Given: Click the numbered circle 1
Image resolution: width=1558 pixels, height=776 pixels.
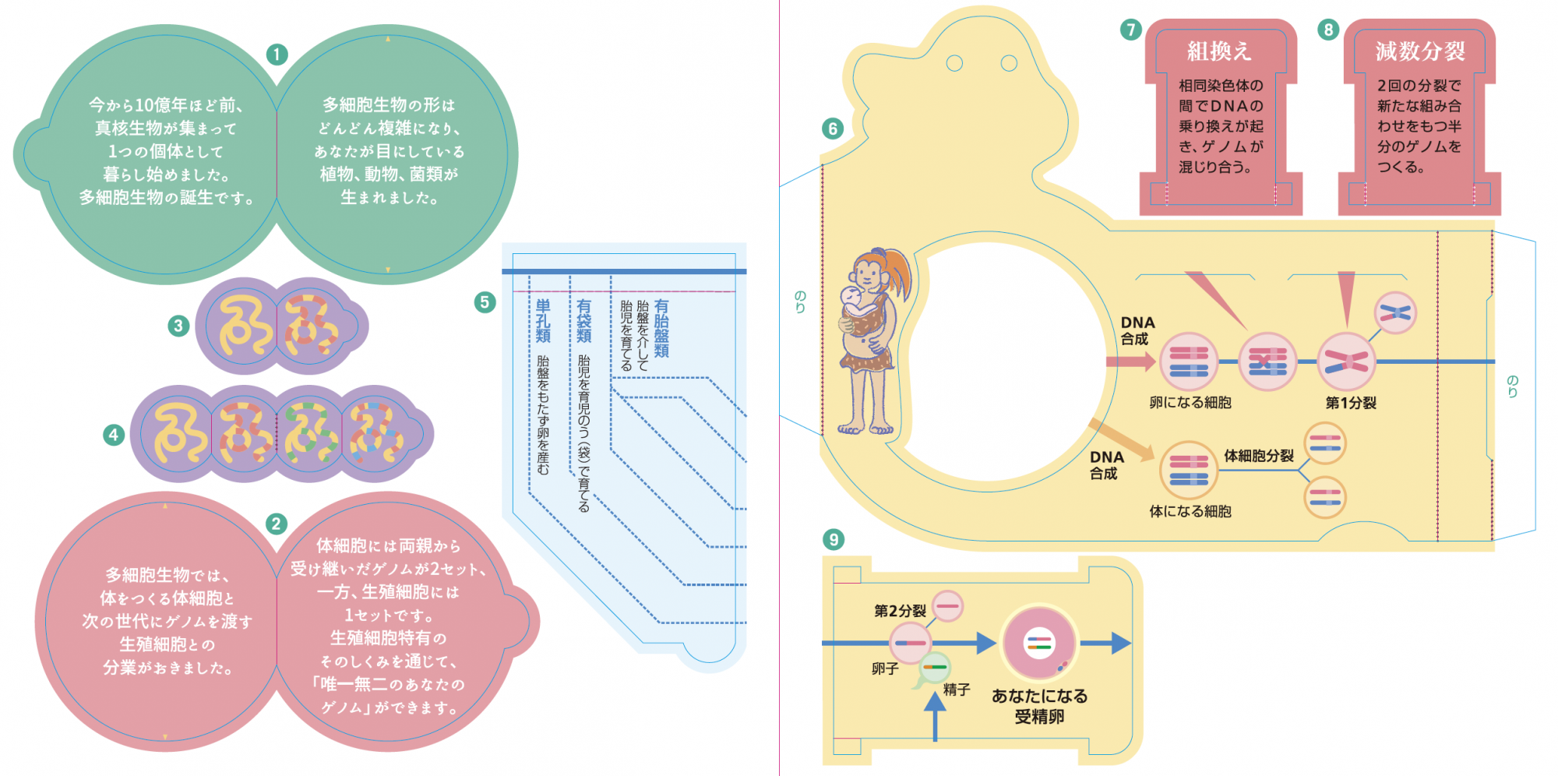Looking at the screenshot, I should click(277, 55).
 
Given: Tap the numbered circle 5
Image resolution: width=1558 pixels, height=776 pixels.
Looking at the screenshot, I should click(485, 302).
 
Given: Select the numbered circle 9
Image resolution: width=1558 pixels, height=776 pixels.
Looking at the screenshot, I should click(834, 539).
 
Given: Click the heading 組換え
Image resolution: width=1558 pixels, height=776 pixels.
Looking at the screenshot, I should click(1219, 51).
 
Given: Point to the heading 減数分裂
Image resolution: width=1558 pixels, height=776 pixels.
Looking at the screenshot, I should click(1419, 51).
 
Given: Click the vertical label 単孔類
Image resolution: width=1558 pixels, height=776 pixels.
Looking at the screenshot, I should click(543, 321).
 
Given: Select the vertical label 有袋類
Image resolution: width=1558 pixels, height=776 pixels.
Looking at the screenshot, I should click(583, 321).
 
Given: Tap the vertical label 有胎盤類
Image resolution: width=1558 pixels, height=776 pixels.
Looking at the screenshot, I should click(661, 328).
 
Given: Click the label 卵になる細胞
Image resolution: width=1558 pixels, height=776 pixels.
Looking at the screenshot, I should click(1190, 403).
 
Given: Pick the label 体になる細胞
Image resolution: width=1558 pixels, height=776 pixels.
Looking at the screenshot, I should click(1190, 511).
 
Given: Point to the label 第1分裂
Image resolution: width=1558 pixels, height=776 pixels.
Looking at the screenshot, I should click(1351, 403).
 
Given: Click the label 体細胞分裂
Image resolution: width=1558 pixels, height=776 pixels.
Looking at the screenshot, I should click(1258, 456).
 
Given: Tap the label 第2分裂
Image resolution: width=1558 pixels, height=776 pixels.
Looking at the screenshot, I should click(900, 611).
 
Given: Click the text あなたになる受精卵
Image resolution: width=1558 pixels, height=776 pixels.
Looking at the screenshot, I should click(1039, 706).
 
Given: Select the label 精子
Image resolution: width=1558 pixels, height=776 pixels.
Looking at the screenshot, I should click(957, 690).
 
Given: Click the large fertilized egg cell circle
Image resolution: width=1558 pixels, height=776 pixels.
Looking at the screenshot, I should click(1039, 644).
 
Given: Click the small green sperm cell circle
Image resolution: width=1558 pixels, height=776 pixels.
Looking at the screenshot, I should click(934, 667).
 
